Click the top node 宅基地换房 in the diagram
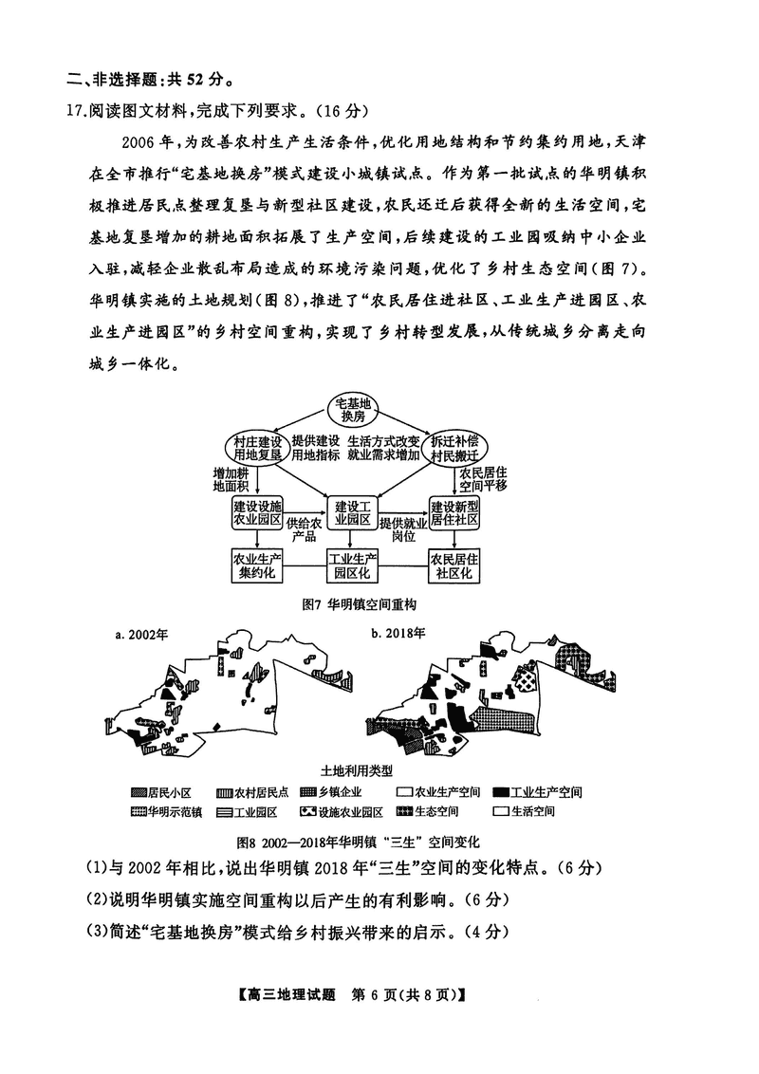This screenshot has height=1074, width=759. tap(353, 411)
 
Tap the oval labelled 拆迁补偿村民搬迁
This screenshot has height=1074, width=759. tap(454, 448)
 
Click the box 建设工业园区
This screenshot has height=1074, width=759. tap(353, 513)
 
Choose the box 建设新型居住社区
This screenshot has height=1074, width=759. tap(454, 513)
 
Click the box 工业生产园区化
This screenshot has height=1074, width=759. tap(353, 566)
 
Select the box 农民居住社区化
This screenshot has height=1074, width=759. tap(454, 566)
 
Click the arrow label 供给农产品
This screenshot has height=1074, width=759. tap(305, 528)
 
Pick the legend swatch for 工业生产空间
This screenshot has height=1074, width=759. tap(496, 791)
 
